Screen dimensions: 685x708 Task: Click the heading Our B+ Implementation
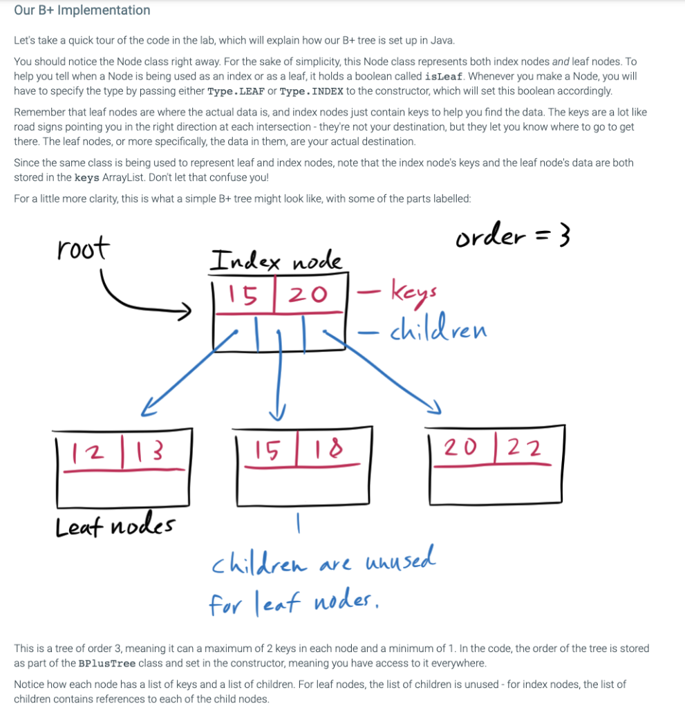(x=82, y=10)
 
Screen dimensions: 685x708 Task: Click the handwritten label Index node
(x=276, y=261)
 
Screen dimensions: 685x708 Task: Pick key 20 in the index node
(x=307, y=295)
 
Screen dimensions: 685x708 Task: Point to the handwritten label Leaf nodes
(x=115, y=527)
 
